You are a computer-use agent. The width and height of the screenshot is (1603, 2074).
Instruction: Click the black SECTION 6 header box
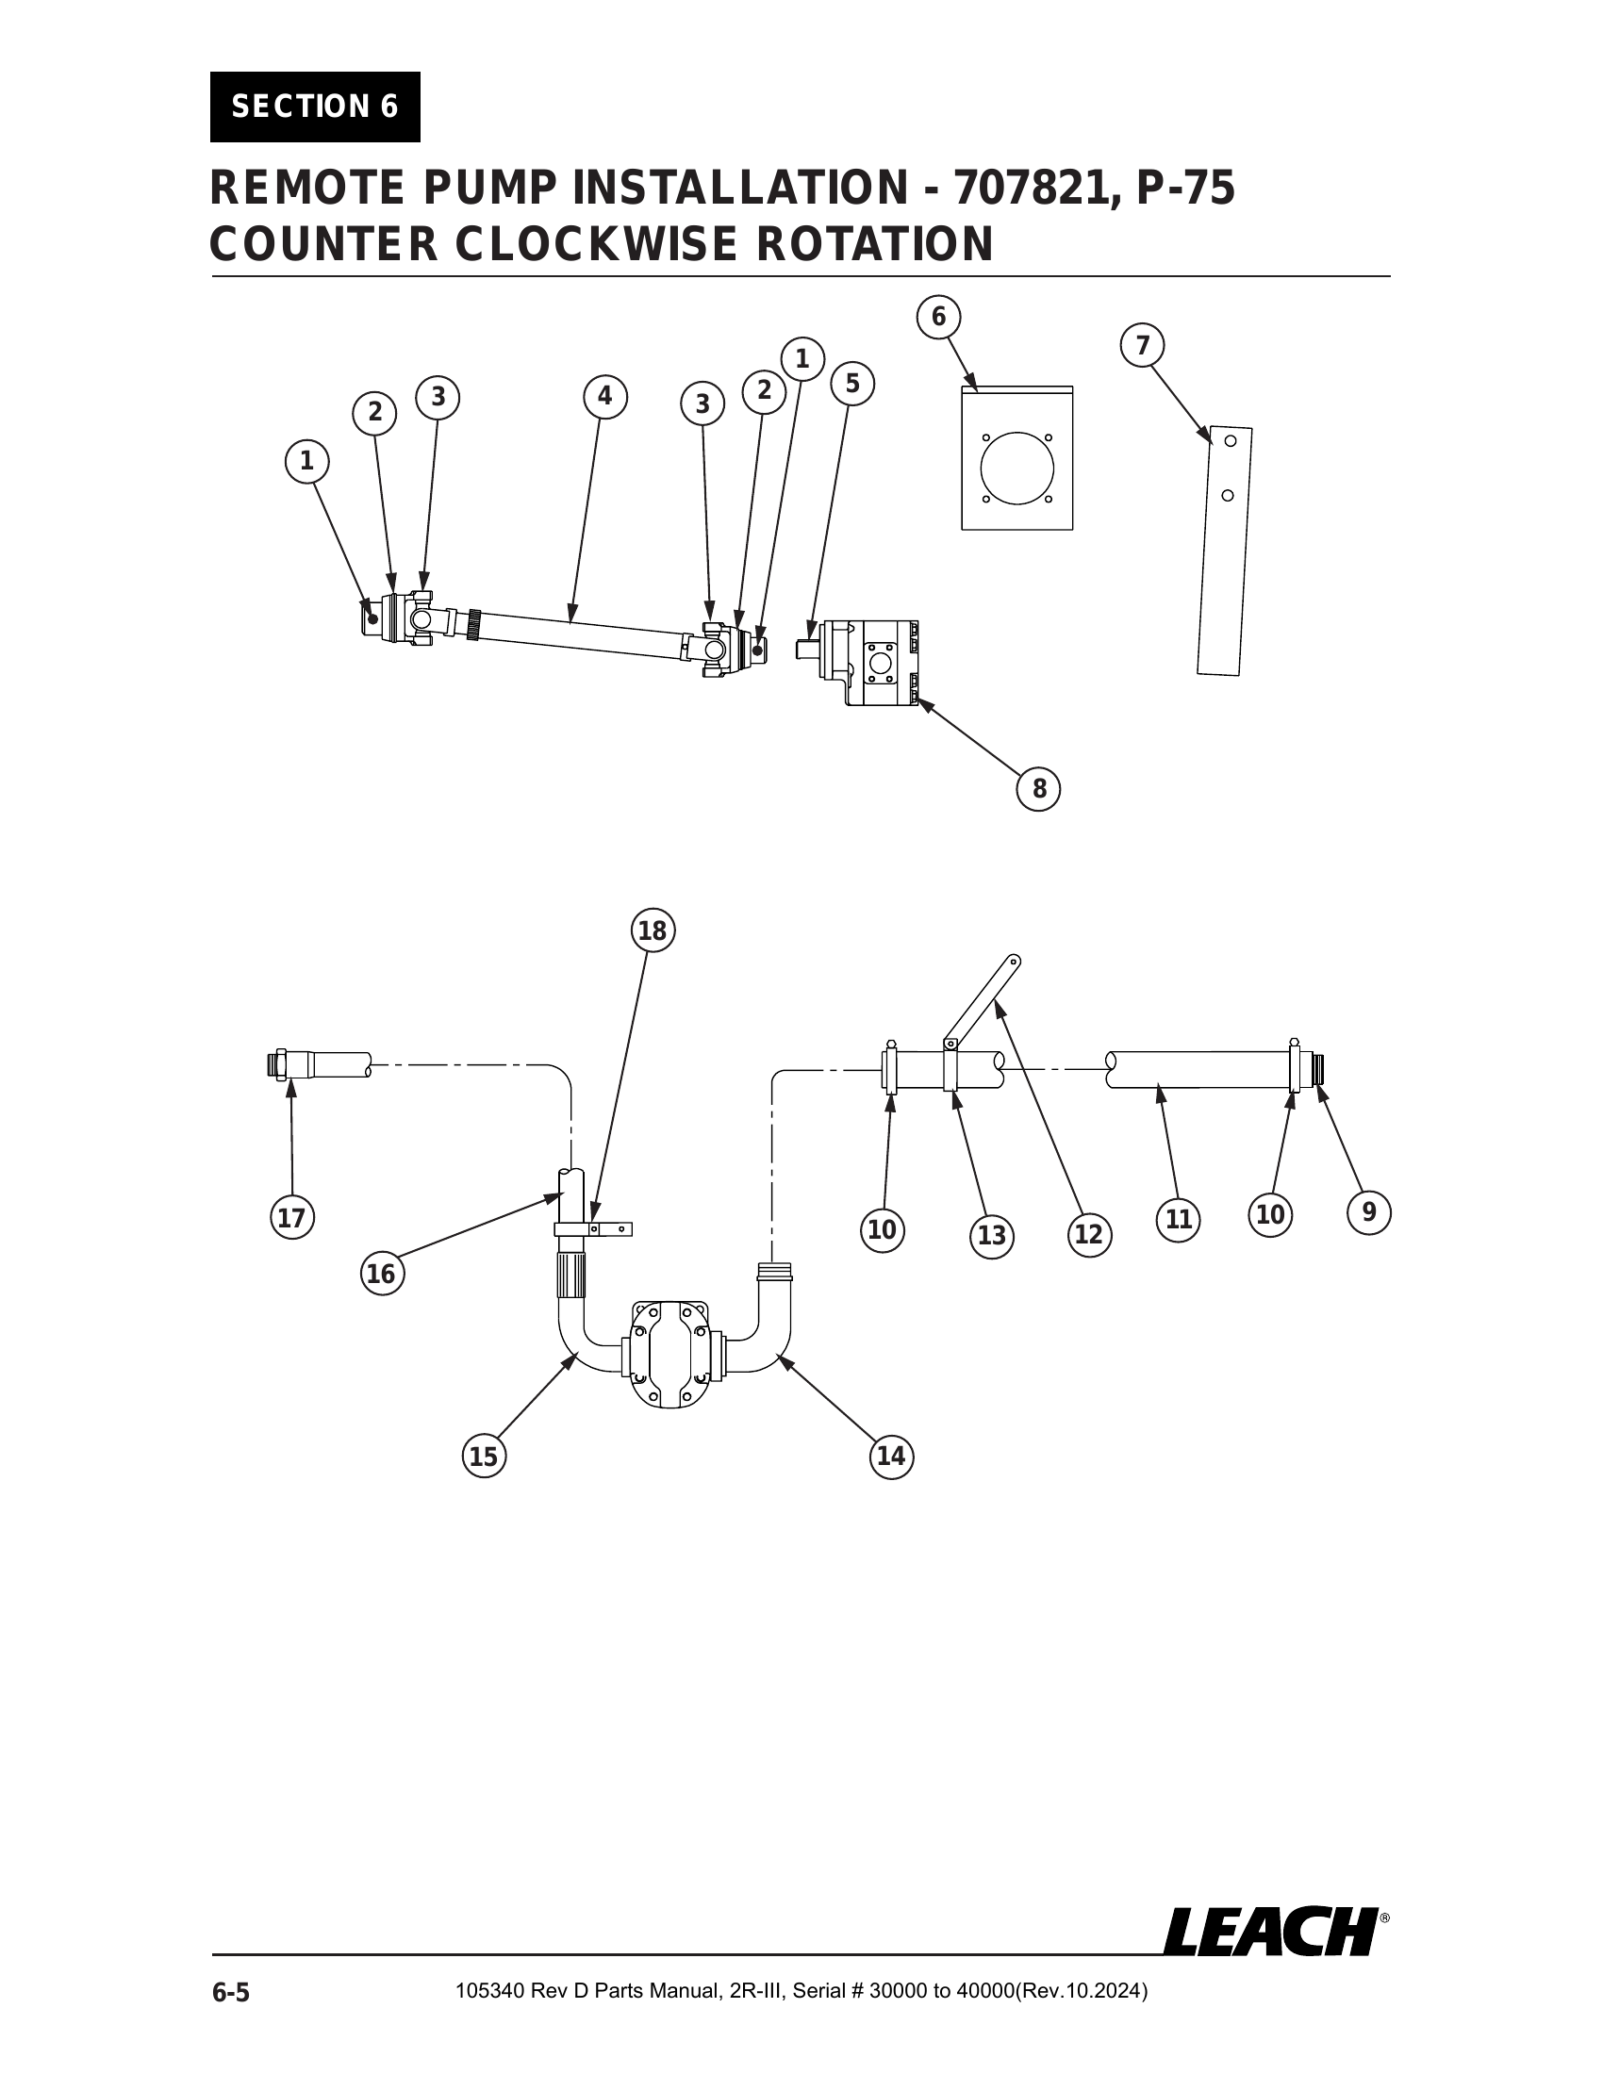click(x=314, y=107)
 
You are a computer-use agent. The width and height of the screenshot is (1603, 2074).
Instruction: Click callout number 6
click(x=938, y=316)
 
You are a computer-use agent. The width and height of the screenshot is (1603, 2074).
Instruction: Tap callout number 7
click(x=1143, y=346)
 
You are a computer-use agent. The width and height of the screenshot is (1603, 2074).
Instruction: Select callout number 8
click(x=1038, y=789)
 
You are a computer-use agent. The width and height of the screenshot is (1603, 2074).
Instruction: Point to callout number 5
click(x=851, y=385)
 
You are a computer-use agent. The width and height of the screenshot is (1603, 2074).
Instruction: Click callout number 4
click(x=605, y=397)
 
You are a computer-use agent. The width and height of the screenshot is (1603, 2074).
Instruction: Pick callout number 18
click(x=653, y=931)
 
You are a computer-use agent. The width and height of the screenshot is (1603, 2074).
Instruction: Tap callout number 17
click(x=291, y=1217)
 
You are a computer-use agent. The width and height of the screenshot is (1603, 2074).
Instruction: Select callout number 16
click(x=381, y=1274)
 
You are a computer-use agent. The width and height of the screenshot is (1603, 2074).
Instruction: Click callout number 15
click(x=484, y=1456)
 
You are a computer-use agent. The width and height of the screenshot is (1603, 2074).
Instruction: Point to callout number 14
click(x=891, y=1456)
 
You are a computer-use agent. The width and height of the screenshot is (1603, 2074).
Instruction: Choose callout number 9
click(x=1368, y=1212)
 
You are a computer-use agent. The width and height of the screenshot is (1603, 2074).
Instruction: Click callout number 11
click(x=1178, y=1218)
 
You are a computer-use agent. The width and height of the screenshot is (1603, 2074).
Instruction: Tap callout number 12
click(x=1088, y=1234)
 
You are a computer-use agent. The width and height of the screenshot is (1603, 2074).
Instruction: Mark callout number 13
click(x=991, y=1236)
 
